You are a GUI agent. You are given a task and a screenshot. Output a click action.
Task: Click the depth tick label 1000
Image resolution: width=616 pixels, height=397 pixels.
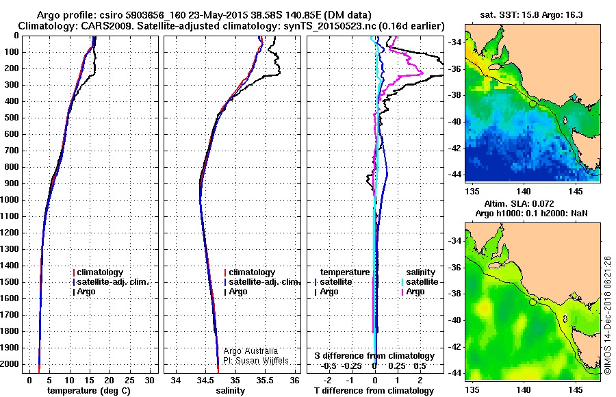(11, 200)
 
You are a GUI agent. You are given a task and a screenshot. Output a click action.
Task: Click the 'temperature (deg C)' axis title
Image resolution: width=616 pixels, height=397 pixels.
(88, 390)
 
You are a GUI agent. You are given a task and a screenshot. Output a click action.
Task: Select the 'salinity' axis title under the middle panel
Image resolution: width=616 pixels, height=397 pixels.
(230, 390)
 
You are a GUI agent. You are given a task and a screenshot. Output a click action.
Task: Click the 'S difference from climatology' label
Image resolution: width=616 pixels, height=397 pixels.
(374, 356)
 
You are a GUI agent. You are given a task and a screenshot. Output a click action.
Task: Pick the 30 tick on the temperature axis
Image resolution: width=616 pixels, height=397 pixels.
(151, 380)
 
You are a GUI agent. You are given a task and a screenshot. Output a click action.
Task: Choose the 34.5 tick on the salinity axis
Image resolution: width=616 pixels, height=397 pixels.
(205, 380)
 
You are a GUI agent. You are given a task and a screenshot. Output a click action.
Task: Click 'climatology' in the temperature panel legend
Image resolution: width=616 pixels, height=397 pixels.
(99, 272)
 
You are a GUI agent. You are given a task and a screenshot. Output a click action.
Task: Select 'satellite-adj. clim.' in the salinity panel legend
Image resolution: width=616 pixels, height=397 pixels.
(264, 282)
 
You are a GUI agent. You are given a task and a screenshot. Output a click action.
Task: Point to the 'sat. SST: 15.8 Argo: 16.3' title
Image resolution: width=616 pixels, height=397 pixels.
(531, 14)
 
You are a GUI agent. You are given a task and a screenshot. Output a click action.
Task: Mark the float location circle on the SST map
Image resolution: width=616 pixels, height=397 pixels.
(533, 103)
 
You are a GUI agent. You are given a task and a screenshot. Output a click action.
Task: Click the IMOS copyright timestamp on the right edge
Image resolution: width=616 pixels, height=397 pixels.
(608, 316)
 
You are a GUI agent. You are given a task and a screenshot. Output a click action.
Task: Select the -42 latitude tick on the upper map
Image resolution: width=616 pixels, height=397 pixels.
(454, 148)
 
